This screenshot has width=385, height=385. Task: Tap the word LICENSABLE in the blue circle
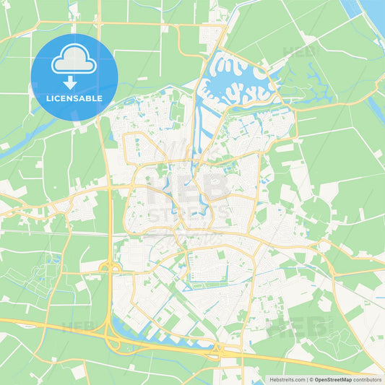point(74,97)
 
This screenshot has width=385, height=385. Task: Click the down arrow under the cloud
point(74,82)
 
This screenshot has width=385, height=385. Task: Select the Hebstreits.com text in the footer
point(287,378)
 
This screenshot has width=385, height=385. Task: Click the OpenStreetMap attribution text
point(332,378)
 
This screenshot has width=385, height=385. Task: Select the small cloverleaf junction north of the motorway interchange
point(109,269)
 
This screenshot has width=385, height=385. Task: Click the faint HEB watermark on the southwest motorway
point(76,326)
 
